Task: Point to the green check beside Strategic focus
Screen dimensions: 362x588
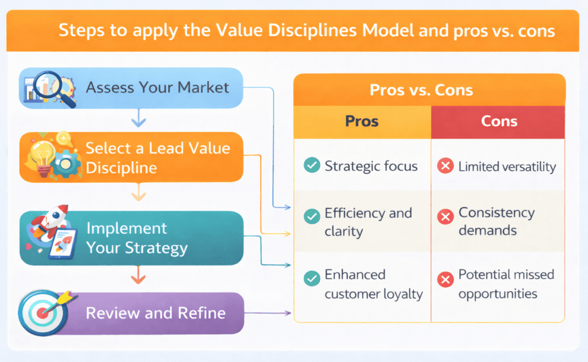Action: coord(312,166)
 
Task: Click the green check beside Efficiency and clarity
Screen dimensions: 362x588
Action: coord(312,217)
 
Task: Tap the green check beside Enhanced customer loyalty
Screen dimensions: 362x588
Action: coord(312,279)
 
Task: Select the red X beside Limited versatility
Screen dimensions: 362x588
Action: coord(444,167)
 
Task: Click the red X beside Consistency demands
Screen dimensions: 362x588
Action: coord(444,217)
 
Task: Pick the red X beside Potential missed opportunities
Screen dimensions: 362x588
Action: coord(444,280)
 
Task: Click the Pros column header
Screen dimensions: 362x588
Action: coord(362,121)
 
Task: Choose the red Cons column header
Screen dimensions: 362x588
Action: coord(498,121)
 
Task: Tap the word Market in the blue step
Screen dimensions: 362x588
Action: coord(203,87)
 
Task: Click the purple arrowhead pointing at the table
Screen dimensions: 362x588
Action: coord(288,313)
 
